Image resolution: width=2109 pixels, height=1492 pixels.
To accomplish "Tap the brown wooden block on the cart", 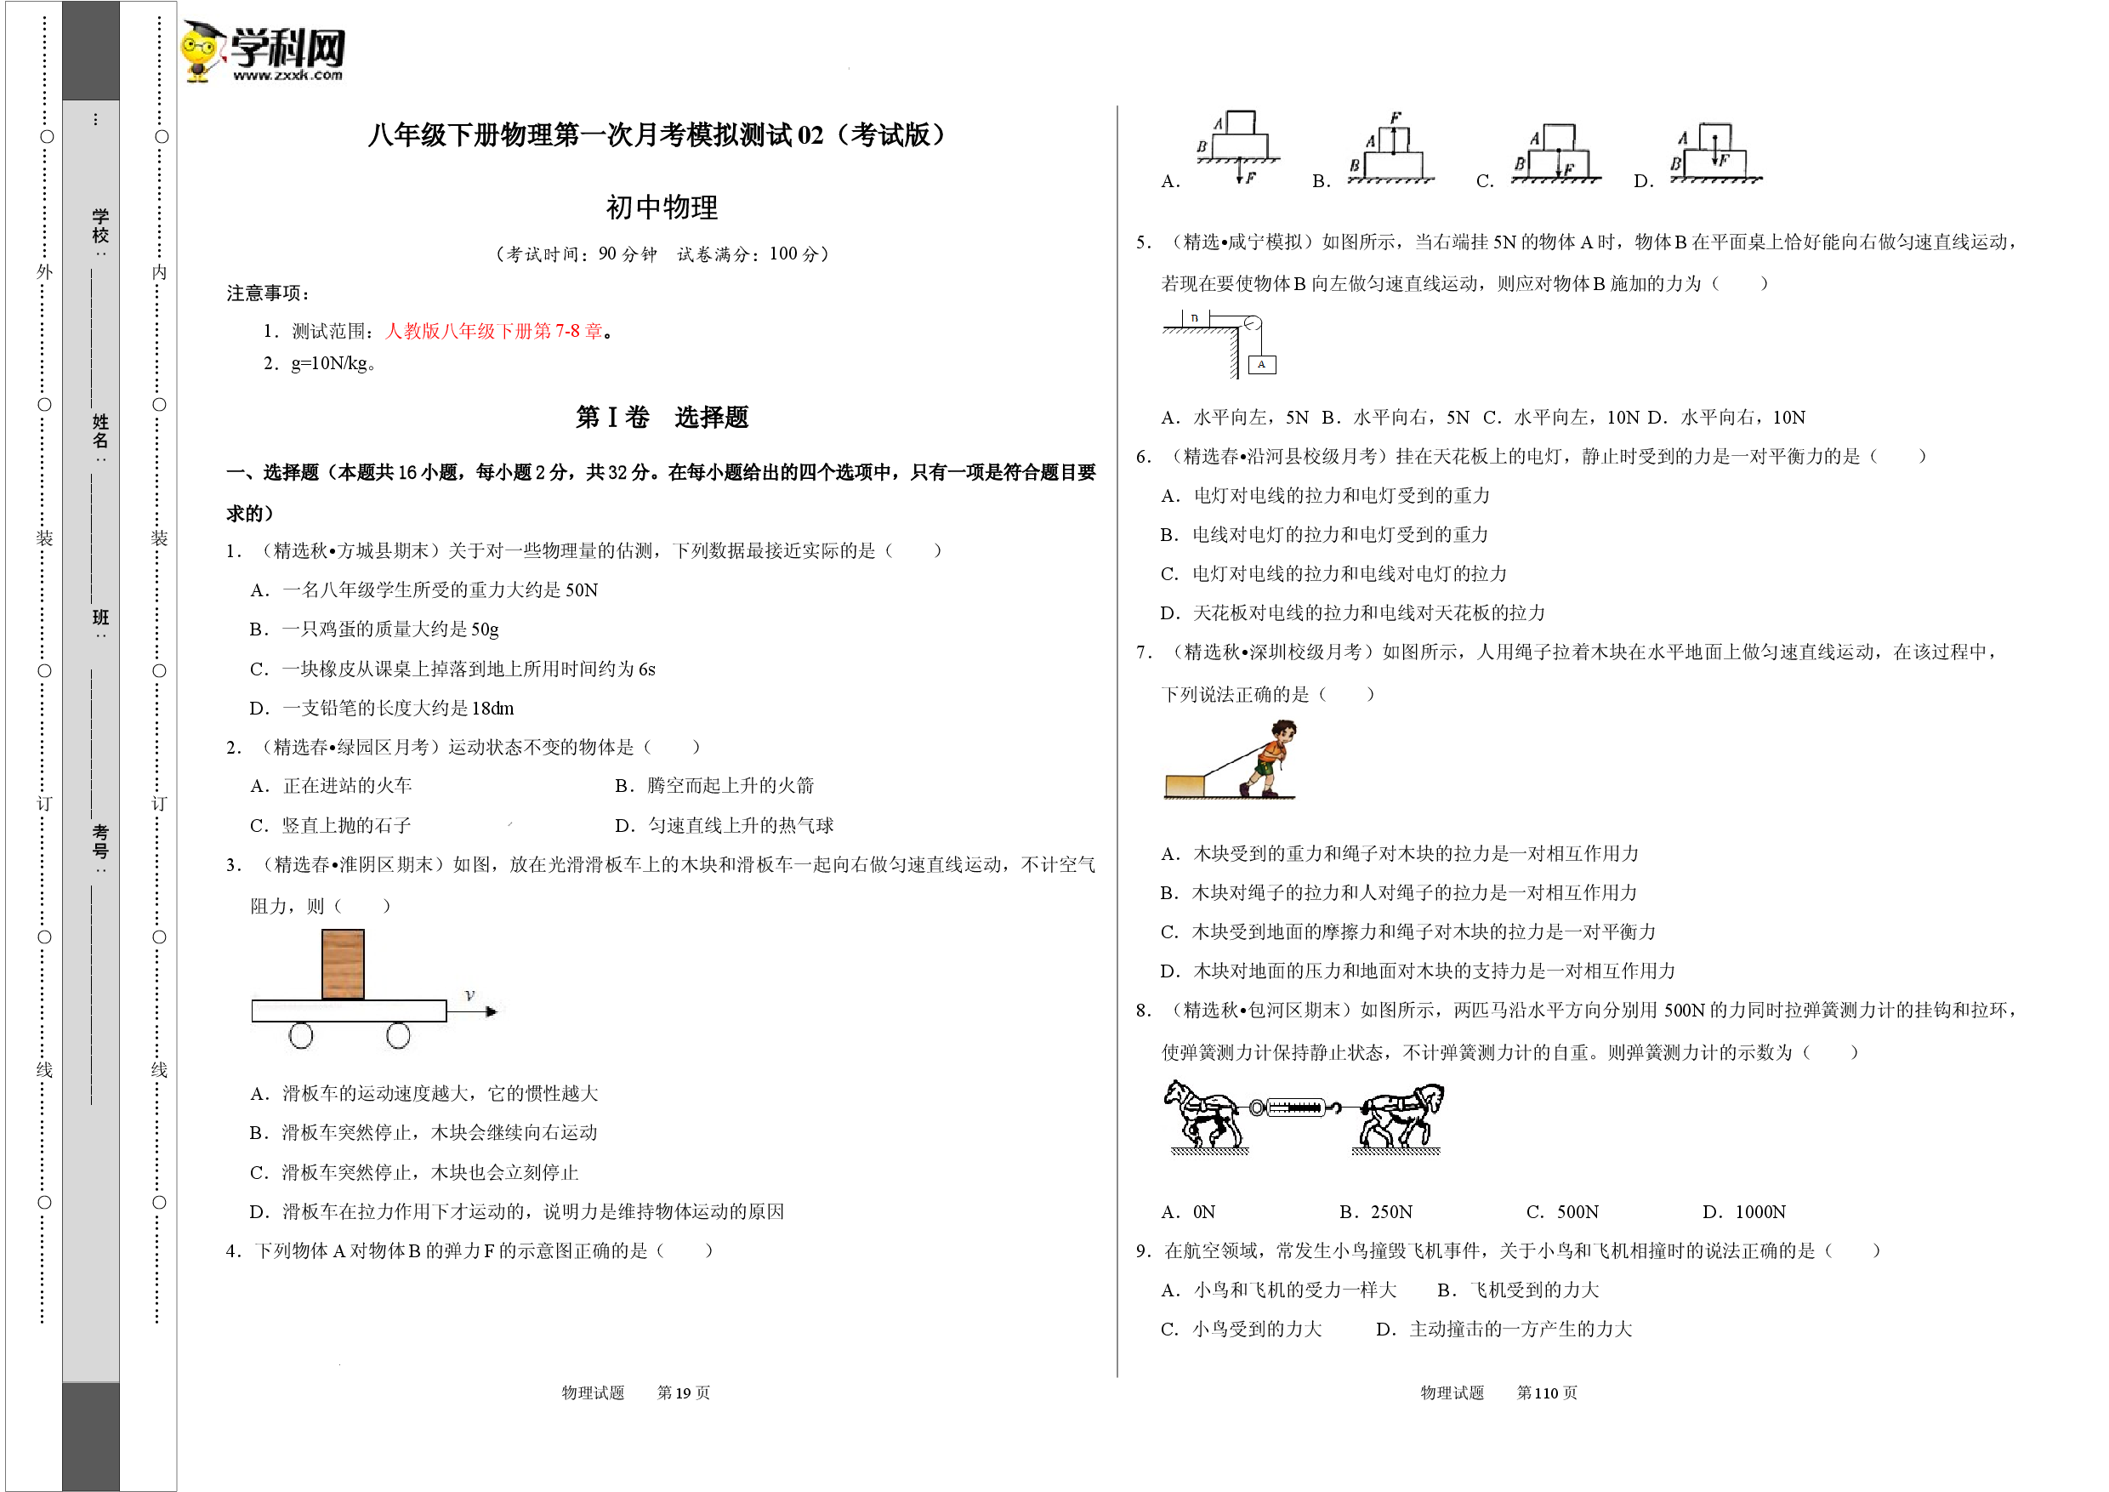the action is (x=343, y=964).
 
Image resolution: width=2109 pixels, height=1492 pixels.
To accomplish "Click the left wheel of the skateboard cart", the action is (x=300, y=1035).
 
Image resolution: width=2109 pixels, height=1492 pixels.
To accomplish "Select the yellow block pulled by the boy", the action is (x=1185, y=787).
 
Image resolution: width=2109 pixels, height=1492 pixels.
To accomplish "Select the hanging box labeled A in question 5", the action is (x=1262, y=365).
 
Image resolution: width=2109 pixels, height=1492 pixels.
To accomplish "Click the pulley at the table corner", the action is (x=1251, y=323).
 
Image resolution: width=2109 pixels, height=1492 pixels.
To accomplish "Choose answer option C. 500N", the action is (x=1562, y=1212).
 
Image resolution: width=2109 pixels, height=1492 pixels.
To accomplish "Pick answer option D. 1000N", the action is (x=1744, y=1212).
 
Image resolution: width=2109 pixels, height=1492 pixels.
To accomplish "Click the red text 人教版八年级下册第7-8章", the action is (x=494, y=331).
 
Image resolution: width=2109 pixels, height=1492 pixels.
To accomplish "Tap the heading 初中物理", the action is (x=662, y=208).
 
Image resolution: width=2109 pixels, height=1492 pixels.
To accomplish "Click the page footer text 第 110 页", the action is (x=1547, y=1392).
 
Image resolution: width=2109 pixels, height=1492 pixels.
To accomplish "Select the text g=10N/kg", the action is (x=329, y=363).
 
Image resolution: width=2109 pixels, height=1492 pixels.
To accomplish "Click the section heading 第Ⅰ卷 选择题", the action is (x=662, y=417).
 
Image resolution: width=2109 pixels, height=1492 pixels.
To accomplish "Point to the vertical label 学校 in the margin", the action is (x=100, y=226).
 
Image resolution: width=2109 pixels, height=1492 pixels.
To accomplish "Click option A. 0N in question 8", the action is (x=1188, y=1212).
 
